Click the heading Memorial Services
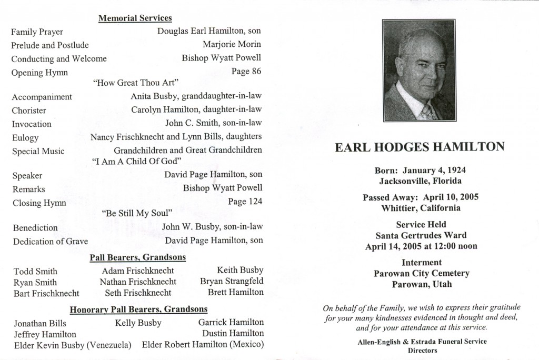coord(135,18)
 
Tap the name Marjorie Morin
coord(232,44)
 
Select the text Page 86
coord(246,71)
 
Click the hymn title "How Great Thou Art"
coord(136,83)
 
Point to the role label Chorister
coord(29,111)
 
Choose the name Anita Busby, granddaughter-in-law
coord(196,96)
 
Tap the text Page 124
coord(245,201)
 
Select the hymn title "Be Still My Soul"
coord(137,213)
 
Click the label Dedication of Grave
coord(49,242)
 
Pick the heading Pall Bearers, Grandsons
coord(137,257)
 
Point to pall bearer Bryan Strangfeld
coord(232,282)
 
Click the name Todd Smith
coord(35,272)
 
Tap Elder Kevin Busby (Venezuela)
coord(73,346)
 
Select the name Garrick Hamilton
coord(231,322)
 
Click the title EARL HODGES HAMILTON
coord(420,148)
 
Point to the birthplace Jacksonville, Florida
coord(420,181)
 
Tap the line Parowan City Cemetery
coord(421,274)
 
